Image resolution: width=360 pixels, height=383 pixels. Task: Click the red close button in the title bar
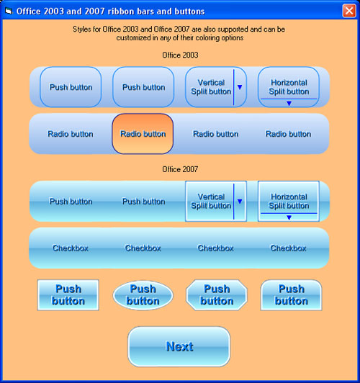pos(349,11)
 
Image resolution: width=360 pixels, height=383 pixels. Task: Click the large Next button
pos(179,346)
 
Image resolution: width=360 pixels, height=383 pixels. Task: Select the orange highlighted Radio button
pos(143,134)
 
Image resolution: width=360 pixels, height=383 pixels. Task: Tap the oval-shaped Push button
pos(143,295)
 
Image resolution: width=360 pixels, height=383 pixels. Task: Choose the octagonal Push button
pos(217,295)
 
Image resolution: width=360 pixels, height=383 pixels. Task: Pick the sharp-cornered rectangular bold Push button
pos(68,295)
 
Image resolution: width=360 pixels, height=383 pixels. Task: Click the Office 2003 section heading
pos(180,55)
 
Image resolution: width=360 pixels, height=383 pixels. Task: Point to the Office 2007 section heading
pos(180,169)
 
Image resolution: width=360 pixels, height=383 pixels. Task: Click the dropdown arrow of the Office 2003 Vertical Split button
pos(240,87)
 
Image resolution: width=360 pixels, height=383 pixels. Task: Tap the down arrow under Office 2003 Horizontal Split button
pos(289,104)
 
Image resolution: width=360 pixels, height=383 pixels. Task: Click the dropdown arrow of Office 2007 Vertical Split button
pos(240,202)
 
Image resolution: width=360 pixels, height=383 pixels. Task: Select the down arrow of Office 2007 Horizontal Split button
pos(289,217)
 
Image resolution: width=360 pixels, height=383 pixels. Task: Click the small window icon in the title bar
pos(9,11)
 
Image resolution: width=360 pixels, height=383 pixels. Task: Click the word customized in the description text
pos(133,38)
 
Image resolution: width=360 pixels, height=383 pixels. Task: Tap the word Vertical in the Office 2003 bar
pos(211,83)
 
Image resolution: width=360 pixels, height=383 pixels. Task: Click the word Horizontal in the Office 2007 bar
pos(289,197)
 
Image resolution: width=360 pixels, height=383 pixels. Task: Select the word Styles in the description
pos(82,30)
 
